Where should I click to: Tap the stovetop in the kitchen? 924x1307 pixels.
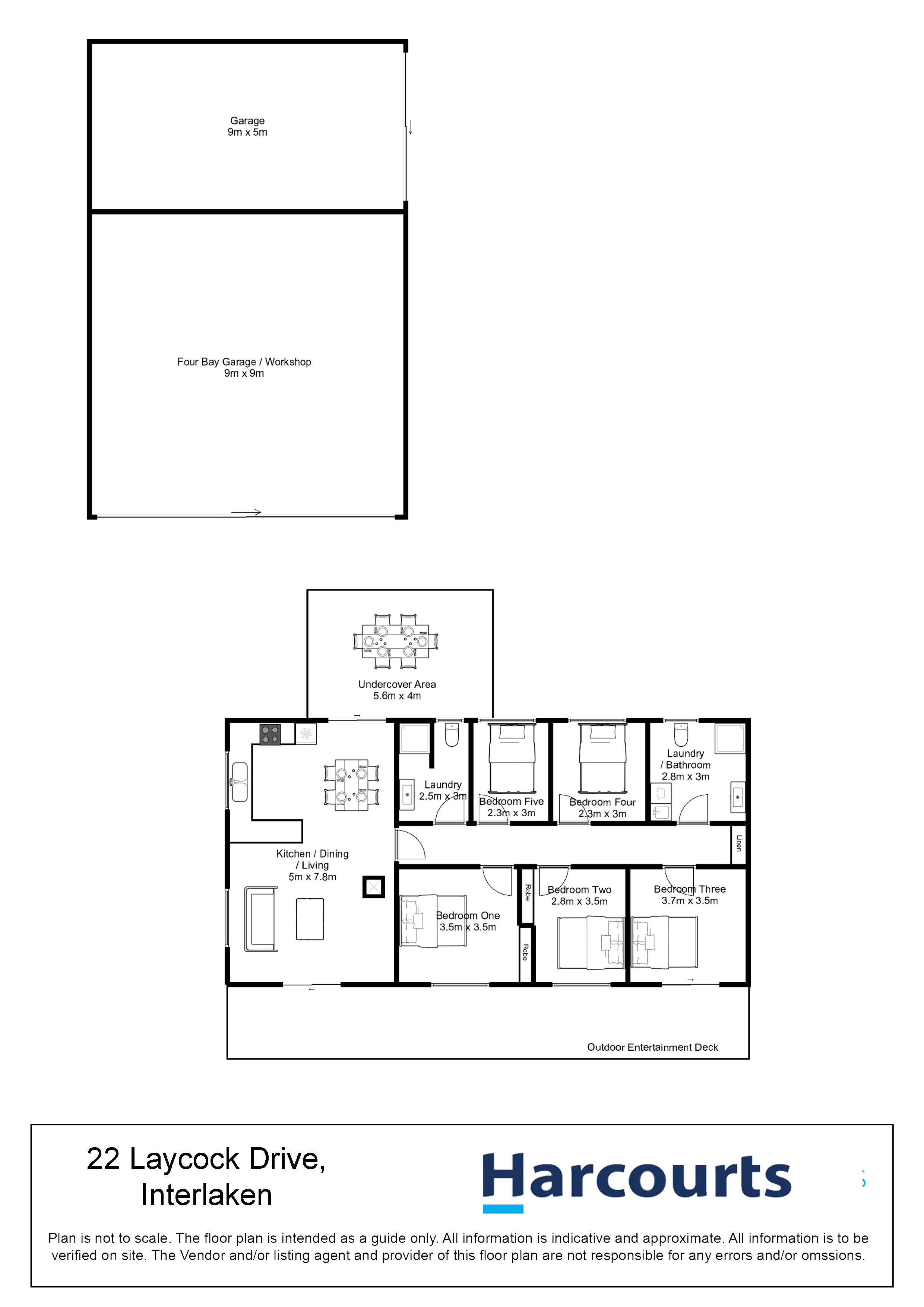click(270, 734)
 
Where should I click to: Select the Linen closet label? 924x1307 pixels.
click(739, 843)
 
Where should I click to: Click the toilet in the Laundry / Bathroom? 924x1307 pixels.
click(681, 734)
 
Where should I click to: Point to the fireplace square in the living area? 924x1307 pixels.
click(373, 887)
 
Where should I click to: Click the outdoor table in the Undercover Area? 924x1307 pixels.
click(396, 641)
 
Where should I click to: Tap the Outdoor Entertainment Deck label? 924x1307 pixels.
click(652, 1047)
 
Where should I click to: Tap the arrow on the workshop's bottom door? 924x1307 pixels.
click(246, 512)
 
